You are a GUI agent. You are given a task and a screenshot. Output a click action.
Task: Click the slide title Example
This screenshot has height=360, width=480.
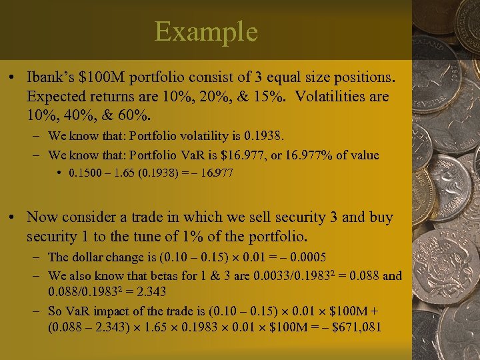click(206, 32)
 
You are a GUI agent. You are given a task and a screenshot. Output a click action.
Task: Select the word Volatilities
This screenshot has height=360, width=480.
click(336, 96)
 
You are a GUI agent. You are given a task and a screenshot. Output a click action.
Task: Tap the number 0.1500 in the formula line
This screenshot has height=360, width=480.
click(83, 174)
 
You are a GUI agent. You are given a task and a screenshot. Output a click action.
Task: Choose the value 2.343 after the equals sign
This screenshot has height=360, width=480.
click(152, 293)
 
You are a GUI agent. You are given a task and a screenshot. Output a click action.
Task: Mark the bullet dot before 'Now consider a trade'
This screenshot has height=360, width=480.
click(13, 218)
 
